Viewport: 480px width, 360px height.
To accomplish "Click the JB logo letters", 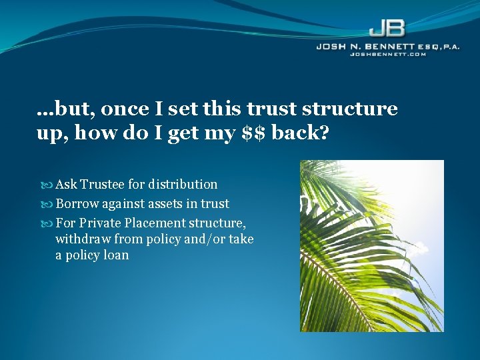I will pyautogui.click(x=387, y=30).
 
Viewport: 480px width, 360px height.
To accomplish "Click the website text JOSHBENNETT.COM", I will pyautogui.click(x=388, y=55).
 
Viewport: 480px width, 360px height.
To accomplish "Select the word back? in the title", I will pyautogui.click(x=303, y=133).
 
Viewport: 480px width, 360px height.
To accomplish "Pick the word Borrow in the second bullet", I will pyautogui.click(x=78, y=204).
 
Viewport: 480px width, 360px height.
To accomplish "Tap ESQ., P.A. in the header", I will pyautogui.click(x=435, y=47).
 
